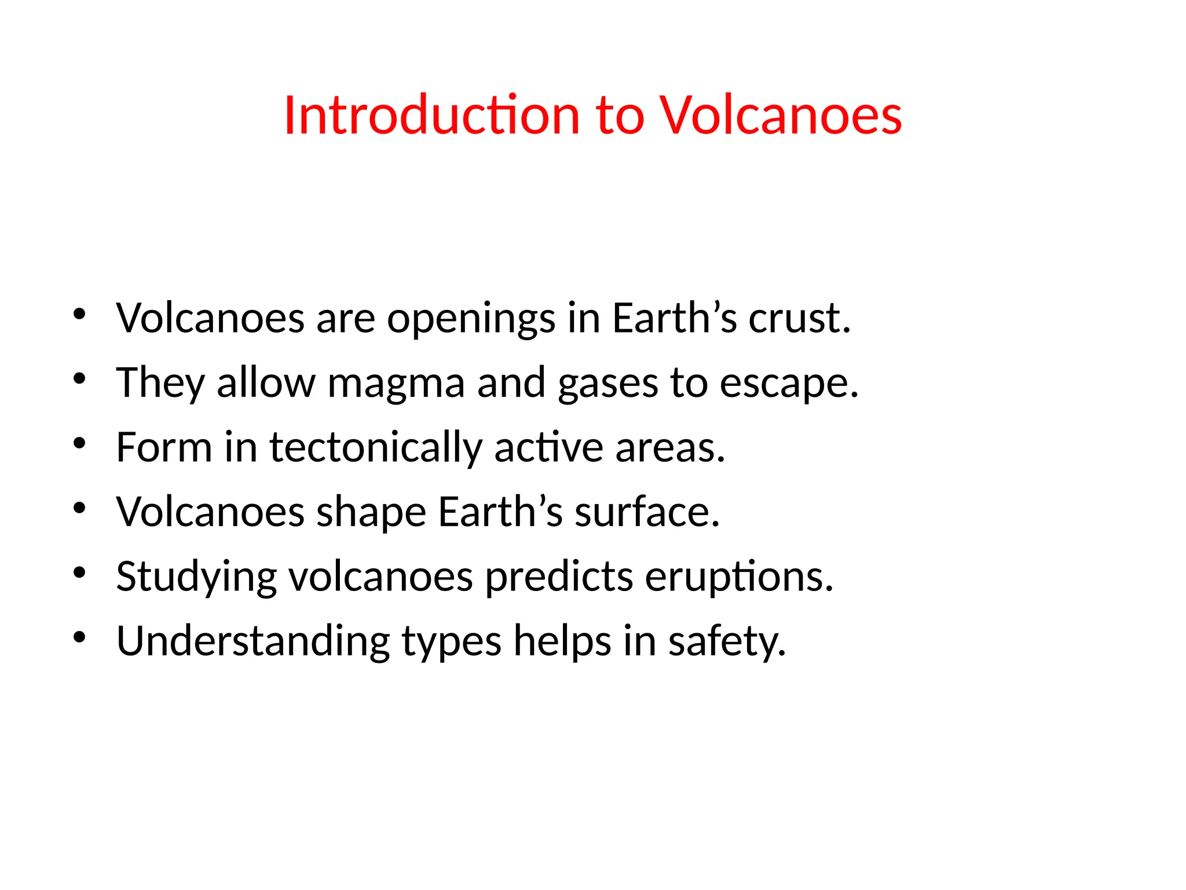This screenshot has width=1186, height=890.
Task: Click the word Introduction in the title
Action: point(431,115)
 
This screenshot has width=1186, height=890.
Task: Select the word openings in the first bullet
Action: point(471,318)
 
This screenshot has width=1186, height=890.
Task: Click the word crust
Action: point(800,318)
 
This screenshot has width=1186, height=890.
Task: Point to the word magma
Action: point(396,383)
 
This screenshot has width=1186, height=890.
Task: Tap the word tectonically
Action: point(376,448)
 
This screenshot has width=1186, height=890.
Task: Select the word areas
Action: point(670,448)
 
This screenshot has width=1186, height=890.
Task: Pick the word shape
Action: point(371,512)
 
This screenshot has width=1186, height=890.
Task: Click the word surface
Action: point(647,512)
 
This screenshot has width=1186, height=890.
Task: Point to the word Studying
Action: point(197,577)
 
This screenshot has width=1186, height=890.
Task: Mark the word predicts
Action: point(559,577)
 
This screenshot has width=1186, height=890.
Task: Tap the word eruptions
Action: point(739,577)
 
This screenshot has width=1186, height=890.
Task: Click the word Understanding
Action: point(253,641)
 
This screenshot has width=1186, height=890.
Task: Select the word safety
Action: point(727,641)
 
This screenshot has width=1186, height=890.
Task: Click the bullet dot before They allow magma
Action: point(80,379)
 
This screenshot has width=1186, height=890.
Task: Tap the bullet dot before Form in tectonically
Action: point(80,444)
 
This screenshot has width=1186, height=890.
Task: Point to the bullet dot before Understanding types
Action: point(80,637)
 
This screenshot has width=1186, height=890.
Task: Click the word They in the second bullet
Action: point(160,383)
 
